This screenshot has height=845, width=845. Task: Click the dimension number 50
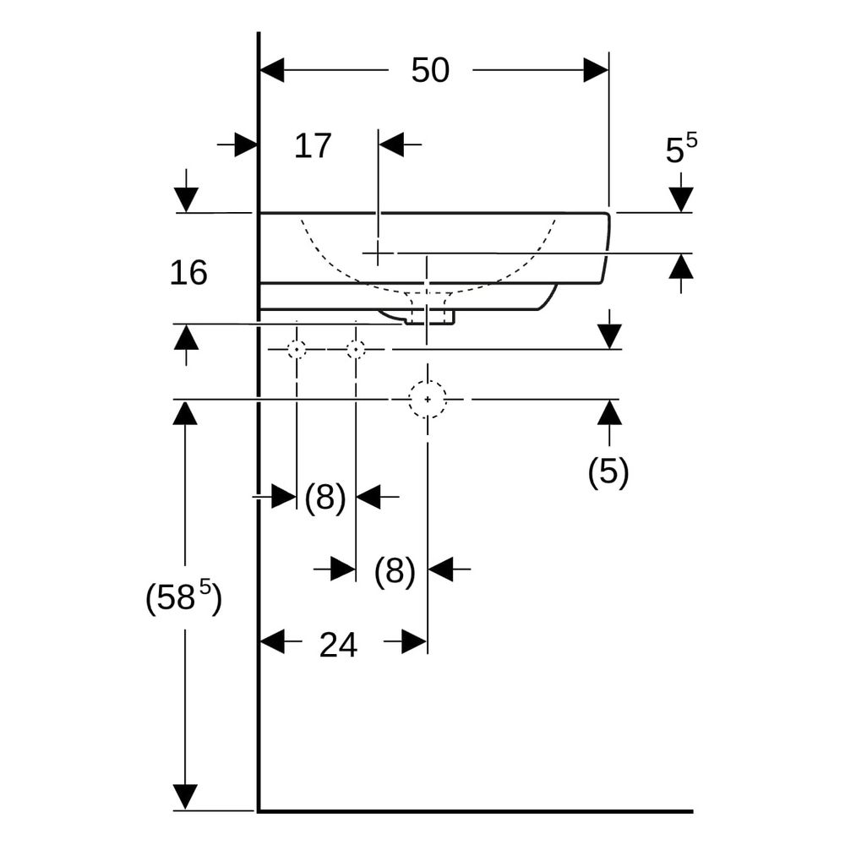[x=430, y=70]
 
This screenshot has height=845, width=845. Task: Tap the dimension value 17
[x=313, y=145]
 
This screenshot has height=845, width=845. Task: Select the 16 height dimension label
[x=188, y=272]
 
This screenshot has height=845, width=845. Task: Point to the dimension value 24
[x=338, y=645]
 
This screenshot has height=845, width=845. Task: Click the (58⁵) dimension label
[x=183, y=597]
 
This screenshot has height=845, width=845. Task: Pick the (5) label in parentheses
[x=608, y=472]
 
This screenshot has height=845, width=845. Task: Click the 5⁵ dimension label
[x=681, y=148]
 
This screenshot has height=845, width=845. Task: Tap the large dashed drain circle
[x=428, y=381]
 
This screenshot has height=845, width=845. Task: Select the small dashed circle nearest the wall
[x=297, y=341]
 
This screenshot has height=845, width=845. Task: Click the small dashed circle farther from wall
[x=356, y=341]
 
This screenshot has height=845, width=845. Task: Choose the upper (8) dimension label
[x=325, y=497]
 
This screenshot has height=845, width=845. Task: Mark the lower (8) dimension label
[x=395, y=570]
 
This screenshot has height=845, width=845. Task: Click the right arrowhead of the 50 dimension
[x=596, y=70]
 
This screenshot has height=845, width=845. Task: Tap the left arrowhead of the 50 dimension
[x=272, y=70]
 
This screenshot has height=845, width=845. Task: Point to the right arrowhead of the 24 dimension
[x=414, y=642]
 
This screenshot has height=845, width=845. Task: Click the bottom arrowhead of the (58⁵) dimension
[x=185, y=798]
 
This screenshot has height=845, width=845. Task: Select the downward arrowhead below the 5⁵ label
[x=681, y=200]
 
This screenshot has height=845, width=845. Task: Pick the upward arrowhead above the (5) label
[x=609, y=412]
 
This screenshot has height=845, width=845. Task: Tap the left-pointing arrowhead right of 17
[x=391, y=144]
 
